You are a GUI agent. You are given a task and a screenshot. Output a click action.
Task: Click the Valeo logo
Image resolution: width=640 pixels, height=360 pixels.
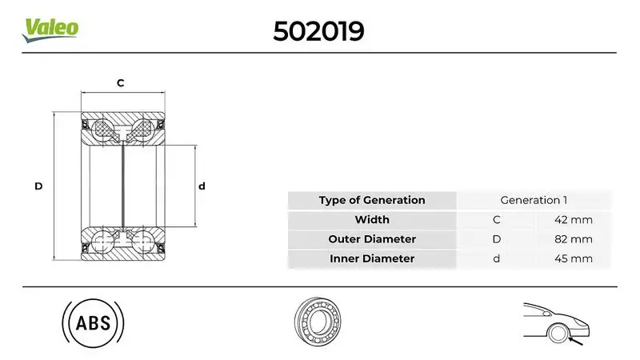click(x=50, y=28)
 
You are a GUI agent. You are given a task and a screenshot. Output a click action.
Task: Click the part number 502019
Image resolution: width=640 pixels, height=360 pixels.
click(x=318, y=30)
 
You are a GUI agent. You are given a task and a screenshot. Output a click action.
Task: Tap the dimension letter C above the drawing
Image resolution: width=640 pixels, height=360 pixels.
click(x=121, y=83)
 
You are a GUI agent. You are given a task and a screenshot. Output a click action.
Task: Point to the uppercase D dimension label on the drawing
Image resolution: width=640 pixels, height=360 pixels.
click(x=38, y=186)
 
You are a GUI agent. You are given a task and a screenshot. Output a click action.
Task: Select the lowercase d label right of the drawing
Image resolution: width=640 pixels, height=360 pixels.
click(x=202, y=186)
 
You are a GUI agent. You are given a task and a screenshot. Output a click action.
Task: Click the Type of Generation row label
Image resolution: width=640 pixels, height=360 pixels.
click(x=371, y=200)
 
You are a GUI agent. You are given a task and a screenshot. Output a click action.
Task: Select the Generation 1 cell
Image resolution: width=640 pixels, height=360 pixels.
click(x=533, y=200)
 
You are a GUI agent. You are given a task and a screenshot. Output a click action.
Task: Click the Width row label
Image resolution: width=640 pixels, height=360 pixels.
click(x=371, y=219)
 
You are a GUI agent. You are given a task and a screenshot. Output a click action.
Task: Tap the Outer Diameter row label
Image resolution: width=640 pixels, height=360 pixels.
click(x=371, y=239)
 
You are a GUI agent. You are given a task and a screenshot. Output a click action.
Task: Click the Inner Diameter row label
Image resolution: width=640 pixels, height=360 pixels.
click(x=371, y=258)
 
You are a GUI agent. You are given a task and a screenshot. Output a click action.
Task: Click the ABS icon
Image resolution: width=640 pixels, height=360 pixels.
click(x=93, y=323)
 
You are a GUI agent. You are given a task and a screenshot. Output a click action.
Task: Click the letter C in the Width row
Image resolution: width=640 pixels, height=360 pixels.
click(x=496, y=219)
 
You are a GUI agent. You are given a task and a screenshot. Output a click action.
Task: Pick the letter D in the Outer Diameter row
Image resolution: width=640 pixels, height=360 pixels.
click(x=496, y=239)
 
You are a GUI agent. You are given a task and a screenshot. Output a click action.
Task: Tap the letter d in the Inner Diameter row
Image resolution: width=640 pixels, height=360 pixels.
click(x=496, y=258)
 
